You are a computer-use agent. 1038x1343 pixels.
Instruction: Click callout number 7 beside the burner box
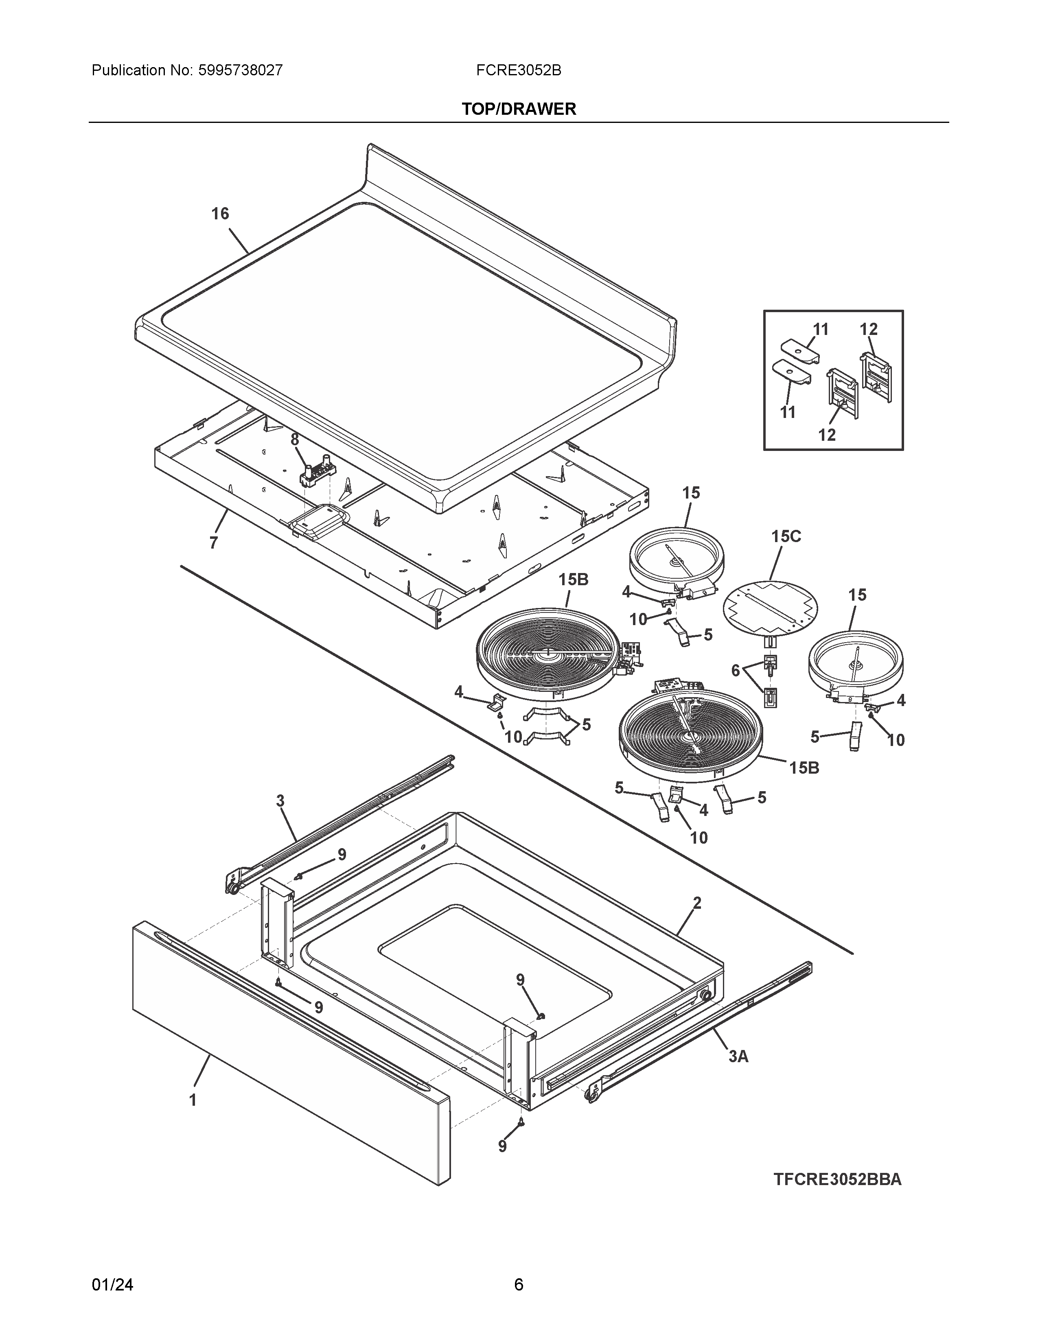[213, 543]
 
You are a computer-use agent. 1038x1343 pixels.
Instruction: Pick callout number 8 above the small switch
[295, 440]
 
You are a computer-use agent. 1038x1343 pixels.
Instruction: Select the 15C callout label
[786, 536]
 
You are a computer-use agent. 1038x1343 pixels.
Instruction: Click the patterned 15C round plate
[771, 607]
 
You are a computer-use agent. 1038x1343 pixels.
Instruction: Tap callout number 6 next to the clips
[736, 670]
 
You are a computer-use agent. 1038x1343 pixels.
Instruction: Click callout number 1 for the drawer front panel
[193, 1100]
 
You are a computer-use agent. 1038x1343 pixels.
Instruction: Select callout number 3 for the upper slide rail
[280, 801]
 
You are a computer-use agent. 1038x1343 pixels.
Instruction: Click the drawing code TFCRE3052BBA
[838, 1179]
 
